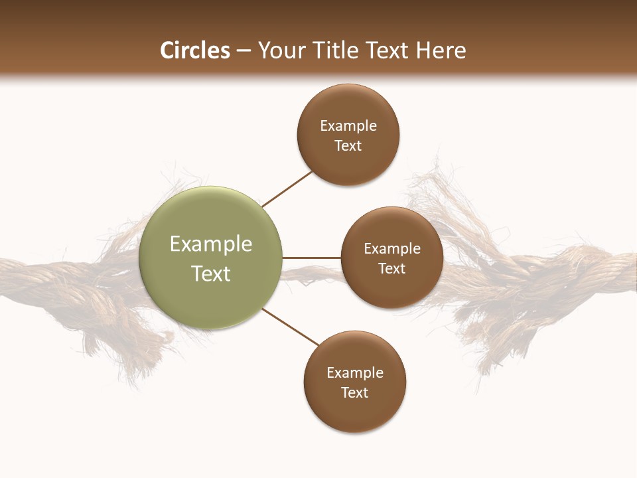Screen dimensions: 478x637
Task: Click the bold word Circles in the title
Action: coord(194,50)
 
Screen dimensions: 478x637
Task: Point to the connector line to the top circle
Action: coord(287,189)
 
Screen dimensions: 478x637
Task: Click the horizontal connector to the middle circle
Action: coord(311,258)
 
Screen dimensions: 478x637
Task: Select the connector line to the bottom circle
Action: coord(291,327)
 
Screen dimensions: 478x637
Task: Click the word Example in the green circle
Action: coord(211,244)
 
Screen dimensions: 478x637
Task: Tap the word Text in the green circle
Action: coord(211,274)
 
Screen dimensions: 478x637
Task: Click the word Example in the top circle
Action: coord(348,126)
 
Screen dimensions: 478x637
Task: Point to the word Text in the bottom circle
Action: coord(354,392)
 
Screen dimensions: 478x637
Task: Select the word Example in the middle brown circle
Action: coord(392,249)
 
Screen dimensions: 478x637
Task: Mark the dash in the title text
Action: coord(244,51)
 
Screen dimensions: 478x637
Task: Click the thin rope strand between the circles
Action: coord(312,272)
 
